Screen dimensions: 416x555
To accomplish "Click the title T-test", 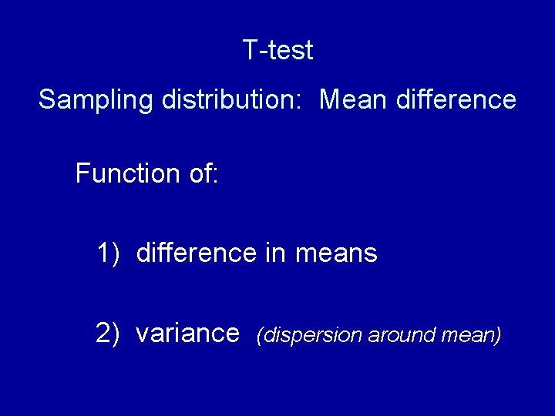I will click(277, 51).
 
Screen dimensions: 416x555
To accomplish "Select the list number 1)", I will click(109, 253).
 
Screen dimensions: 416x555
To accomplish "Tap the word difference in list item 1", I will click(197, 253).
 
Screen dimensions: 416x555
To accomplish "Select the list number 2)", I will click(108, 334).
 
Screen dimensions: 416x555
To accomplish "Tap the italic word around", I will click(398, 335).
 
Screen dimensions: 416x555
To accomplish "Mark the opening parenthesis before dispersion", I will click(261, 335).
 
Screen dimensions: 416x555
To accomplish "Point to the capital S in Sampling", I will click(46, 100).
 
